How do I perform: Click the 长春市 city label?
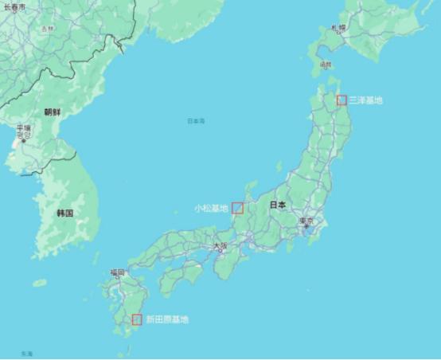[14, 6]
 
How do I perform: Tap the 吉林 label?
[48, 29]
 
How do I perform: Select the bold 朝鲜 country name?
[52, 112]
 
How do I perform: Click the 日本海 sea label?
[196, 121]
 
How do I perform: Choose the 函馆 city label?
[325, 65]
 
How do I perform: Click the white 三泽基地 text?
[366, 100]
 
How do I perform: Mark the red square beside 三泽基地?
[341, 100]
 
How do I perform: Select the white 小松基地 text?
[211, 208]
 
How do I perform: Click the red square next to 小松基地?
[237, 208]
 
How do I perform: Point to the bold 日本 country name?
[278, 205]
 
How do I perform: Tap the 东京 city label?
[306, 221]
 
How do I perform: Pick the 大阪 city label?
[219, 246]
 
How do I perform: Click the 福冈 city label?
[118, 273]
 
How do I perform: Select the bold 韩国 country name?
[65, 213]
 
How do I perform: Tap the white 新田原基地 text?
[167, 319]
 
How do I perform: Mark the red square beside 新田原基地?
[137, 319]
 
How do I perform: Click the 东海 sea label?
[27, 353]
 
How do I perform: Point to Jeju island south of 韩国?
[39, 283]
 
